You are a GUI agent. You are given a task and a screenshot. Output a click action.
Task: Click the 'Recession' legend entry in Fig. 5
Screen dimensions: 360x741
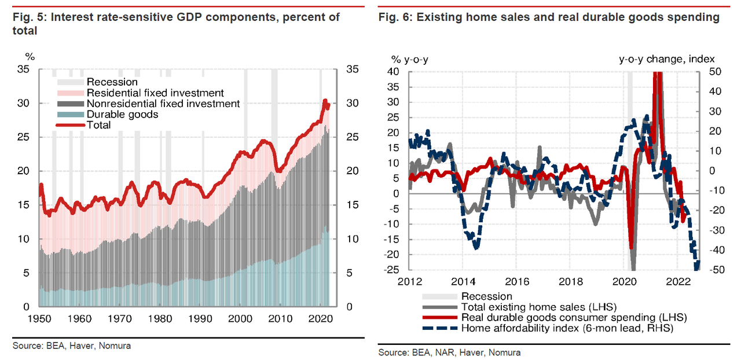pyautogui.click(x=112, y=82)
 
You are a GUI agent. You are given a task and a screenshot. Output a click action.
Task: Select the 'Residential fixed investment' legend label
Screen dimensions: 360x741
pyautogui.click(x=155, y=93)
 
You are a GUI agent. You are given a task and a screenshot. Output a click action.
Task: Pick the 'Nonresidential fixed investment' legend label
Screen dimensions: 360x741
pyautogui.click(x=163, y=104)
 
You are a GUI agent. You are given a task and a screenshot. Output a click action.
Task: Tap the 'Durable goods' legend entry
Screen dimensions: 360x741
pyautogui.click(x=122, y=115)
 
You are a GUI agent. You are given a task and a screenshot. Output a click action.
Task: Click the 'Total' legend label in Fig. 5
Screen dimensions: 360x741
pyautogui.click(x=98, y=125)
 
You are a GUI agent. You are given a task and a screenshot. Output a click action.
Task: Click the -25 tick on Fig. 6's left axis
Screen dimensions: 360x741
pyautogui.click(x=394, y=270)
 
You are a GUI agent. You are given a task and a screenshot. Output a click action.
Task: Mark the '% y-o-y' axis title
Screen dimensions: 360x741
pyautogui.click(x=409, y=59)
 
